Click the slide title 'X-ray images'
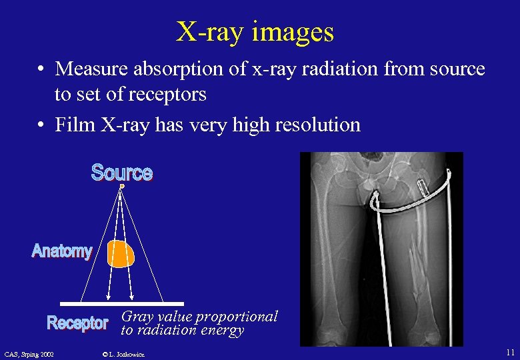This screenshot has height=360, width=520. (255, 31)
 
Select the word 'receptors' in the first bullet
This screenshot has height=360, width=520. (173, 95)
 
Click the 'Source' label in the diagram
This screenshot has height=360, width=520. (122, 173)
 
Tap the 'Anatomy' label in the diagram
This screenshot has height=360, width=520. (62, 251)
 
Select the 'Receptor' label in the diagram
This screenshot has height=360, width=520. (77, 323)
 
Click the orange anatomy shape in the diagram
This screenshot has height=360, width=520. (121, 254)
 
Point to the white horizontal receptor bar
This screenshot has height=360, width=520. (122, 303)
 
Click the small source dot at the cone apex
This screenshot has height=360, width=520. (122, 187)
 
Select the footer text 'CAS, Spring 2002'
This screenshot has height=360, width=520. (29, 353)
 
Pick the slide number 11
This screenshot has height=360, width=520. (509, 352)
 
